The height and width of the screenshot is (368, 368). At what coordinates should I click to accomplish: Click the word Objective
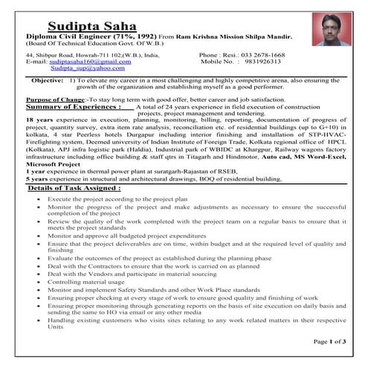pos(50,80)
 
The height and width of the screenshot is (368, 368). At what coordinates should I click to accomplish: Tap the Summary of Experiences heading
pos(68,106)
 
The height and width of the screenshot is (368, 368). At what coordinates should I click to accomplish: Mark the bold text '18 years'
pos(39,120)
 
